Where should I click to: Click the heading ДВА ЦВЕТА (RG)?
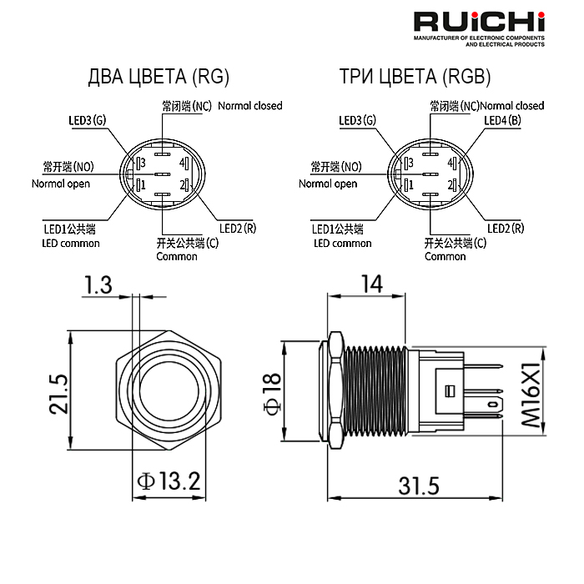point(158,78)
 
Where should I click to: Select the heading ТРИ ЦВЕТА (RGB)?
point(415,78)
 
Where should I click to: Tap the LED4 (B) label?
point(503,121)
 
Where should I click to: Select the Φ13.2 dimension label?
point(169,481)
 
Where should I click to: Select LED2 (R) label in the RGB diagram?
point(506,228)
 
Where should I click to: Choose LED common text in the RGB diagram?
point(342,244)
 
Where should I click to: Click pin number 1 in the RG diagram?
point(143,184)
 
